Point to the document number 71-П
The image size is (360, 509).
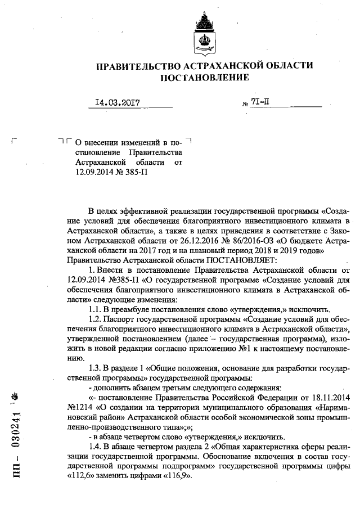click(261, 103)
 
